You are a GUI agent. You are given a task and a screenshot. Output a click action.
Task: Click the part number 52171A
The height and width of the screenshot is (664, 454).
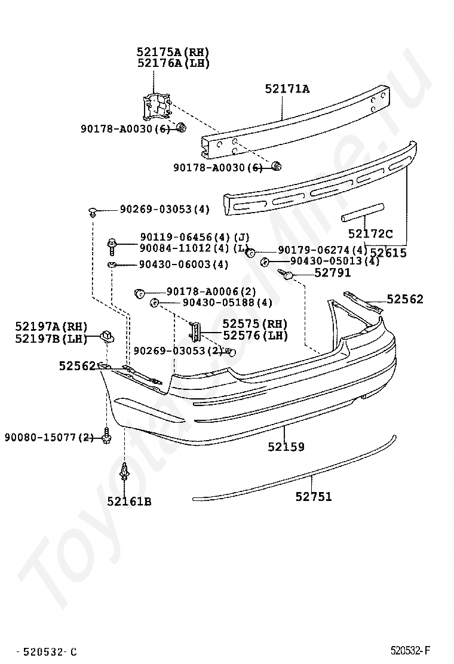(287, 89)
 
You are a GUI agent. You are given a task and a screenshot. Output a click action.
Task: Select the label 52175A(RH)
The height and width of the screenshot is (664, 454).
(173, 52)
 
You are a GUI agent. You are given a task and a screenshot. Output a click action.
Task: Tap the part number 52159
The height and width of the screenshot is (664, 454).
(286, 446)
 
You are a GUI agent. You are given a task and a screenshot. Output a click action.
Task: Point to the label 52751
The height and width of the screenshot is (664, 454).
(313, 496)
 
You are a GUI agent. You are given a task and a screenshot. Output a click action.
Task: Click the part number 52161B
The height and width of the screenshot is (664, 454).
(129, 501)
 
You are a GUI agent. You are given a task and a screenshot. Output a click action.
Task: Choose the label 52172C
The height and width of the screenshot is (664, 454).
(370, 234)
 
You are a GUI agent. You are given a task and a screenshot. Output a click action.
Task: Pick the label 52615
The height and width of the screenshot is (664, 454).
(388, 253)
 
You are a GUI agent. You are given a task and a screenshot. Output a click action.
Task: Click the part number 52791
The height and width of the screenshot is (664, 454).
(333, 273)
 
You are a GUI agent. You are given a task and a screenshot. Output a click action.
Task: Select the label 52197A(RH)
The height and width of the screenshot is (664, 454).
(51, 326)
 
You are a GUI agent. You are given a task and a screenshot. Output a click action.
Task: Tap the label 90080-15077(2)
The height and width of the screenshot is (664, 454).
(50, 437)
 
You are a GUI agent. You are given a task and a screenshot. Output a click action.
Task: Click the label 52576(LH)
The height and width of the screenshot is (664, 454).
(255, 336)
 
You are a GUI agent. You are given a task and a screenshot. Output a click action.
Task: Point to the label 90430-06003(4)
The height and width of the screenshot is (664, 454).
(175, 264)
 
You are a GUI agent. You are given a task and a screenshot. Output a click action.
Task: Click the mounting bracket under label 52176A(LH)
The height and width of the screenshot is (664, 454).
(156, 107)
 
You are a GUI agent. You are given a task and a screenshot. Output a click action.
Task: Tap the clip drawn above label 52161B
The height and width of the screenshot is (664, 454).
(125, 472)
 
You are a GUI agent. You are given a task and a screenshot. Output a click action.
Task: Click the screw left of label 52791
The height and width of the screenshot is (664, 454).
(287, 274)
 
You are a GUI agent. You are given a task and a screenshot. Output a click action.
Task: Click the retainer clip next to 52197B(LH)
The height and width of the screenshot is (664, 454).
(108, 336)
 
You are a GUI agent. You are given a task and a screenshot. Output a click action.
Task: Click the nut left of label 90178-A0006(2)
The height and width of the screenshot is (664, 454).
(140, 292)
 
